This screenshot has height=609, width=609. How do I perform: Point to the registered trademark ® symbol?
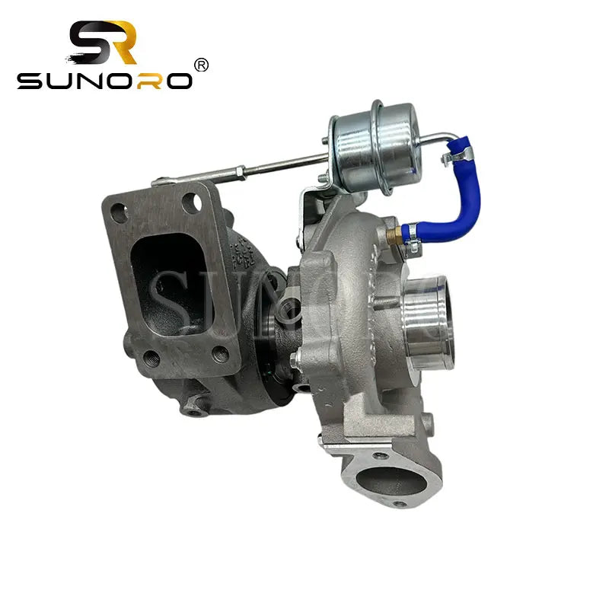pos(201,65)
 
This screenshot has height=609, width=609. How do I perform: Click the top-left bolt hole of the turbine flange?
pos(116,213)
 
